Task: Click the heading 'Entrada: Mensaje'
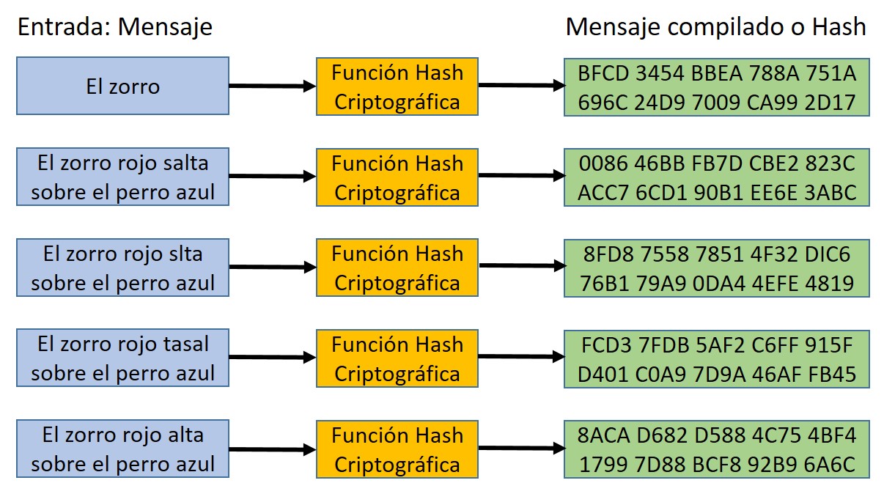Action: coord(114,27)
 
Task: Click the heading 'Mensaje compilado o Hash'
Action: coord(715,27)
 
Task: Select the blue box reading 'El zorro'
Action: coord(122,86)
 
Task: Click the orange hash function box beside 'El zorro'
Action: coord(397,86)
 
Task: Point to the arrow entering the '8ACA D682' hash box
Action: coord(521,448)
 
